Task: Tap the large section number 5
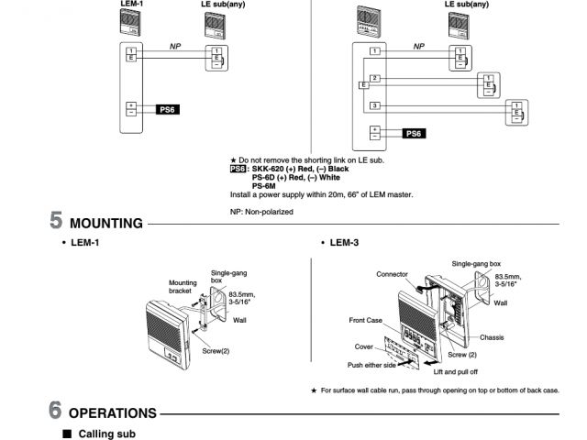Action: [x=56, y=221]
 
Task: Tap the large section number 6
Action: [x=56, y=412]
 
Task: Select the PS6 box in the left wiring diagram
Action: [x=167, y=109]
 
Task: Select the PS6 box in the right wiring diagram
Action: [x=414, y=133]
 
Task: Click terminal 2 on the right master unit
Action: [x=374, y=78]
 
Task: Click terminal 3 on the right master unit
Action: [x=374, y=106]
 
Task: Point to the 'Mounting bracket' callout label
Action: [x=183, y=287]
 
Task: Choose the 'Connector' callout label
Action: [x=392, y=273]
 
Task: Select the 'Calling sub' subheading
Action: [x=107, y=432]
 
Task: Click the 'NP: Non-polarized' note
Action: [x=261, y=211]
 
